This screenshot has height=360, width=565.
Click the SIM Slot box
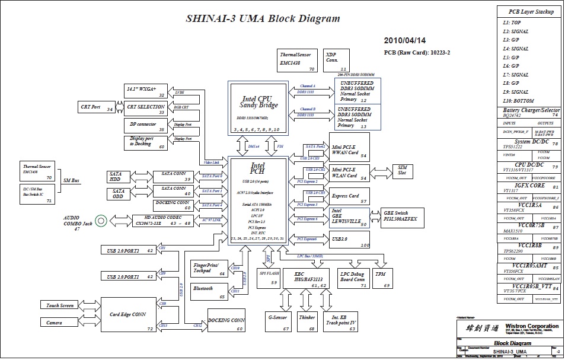[x=402, y=171]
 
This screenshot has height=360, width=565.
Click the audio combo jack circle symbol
[x=101, y=221]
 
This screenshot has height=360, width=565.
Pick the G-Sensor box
[x=277, y=321]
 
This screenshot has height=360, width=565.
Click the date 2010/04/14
[x=405, y=41]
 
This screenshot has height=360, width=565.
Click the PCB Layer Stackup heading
[x=531, y=11]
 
